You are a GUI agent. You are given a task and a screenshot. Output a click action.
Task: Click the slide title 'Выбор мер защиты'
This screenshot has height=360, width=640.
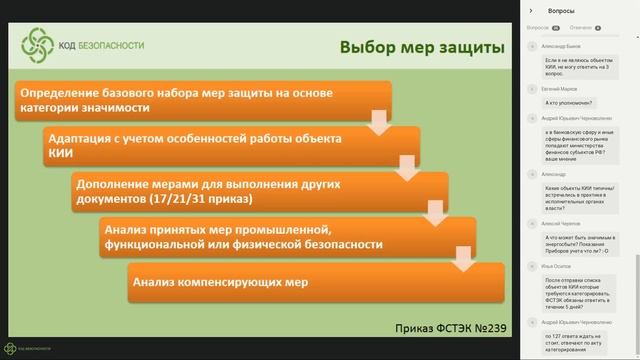[420, 48]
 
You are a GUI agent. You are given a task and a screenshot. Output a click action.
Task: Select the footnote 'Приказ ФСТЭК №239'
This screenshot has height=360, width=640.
[447, 327]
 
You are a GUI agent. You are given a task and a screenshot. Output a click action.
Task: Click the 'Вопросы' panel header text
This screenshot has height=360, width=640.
[562, 10]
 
